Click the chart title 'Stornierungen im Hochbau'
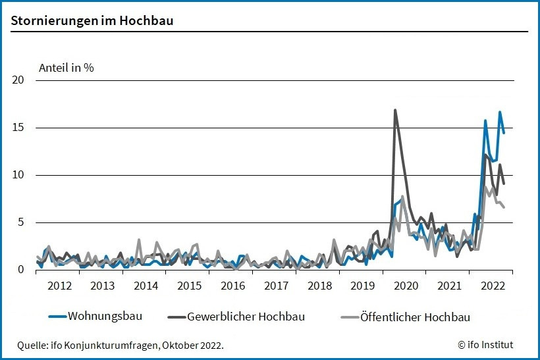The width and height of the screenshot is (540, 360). coord(92,20)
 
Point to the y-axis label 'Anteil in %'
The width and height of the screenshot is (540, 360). coord(67,68)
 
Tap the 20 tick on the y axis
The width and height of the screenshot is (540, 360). coord(18,80)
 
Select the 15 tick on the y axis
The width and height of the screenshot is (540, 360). coord(18,128)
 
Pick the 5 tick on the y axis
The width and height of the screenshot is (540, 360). coord(20,222)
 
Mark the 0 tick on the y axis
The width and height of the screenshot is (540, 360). coord(20,270)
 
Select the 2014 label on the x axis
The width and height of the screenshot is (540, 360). coord(146,286)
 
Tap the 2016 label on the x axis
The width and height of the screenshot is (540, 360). coord(232,286)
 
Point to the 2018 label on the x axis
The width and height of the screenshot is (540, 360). coord(319,286)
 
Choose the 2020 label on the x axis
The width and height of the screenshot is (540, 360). coord(406,286)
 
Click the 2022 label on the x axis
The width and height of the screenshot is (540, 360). coord(493,286)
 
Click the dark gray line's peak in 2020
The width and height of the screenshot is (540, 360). coord(395,110)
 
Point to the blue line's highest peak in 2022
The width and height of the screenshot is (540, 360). coord(500,112)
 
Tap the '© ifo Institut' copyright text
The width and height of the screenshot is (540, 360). coord(485,345)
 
